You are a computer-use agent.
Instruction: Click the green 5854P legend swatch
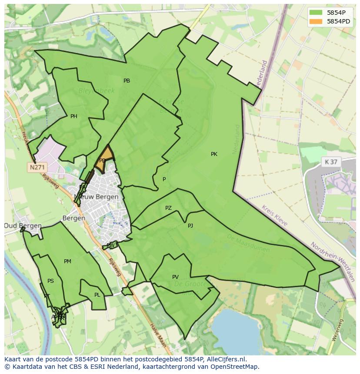(x=316, y=13)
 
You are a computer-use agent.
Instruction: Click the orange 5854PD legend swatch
(x=316, y=21)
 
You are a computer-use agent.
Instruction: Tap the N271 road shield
(x=37, y=167)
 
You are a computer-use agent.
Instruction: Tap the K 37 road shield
(x=331, y=162)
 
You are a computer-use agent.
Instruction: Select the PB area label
(x=127, y=81)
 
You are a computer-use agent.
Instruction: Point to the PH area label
(x=74, y=116)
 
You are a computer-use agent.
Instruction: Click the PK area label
(x=214, y=154)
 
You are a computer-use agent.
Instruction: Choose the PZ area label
(x=168, y=209)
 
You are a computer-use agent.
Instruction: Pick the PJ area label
(x=190, y=226)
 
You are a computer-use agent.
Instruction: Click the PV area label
(x=175, y=277)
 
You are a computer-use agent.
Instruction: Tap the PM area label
(x=67, y=261)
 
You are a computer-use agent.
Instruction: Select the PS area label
(x=50, y=281)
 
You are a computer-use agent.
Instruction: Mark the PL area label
(x=97, y=295)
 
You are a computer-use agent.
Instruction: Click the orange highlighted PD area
(x=104, y=159)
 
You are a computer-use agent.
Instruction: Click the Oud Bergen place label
(x=23, y=226)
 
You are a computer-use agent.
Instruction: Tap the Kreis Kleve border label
(x=275, y=215)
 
